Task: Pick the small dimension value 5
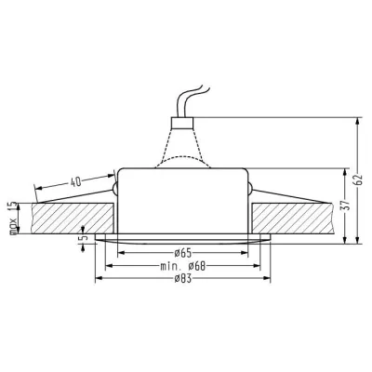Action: (x=83, y=239)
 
